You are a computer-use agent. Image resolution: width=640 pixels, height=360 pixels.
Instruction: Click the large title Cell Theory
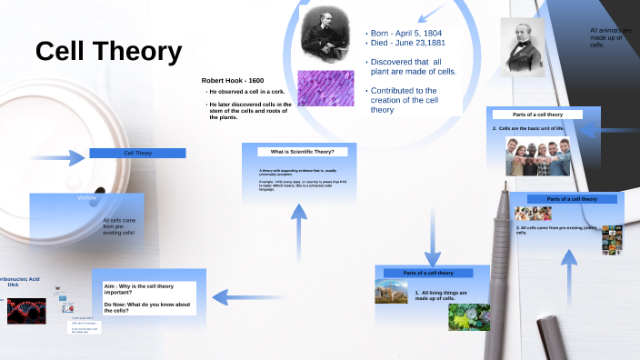coord(108,53)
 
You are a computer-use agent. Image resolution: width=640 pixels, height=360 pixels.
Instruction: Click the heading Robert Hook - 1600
coord(233,81)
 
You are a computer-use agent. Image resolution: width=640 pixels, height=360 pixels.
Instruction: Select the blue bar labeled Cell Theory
coord(137,154)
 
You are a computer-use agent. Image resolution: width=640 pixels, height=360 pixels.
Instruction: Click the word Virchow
coord(87,197)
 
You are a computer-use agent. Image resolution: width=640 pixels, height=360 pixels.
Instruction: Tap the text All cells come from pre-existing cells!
coord(119,226)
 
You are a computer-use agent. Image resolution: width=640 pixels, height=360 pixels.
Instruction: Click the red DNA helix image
coord(26,311)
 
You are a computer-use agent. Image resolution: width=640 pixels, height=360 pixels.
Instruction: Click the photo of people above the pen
coord(536,155)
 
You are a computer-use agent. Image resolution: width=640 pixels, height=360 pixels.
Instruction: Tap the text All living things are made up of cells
coord(442,295)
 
